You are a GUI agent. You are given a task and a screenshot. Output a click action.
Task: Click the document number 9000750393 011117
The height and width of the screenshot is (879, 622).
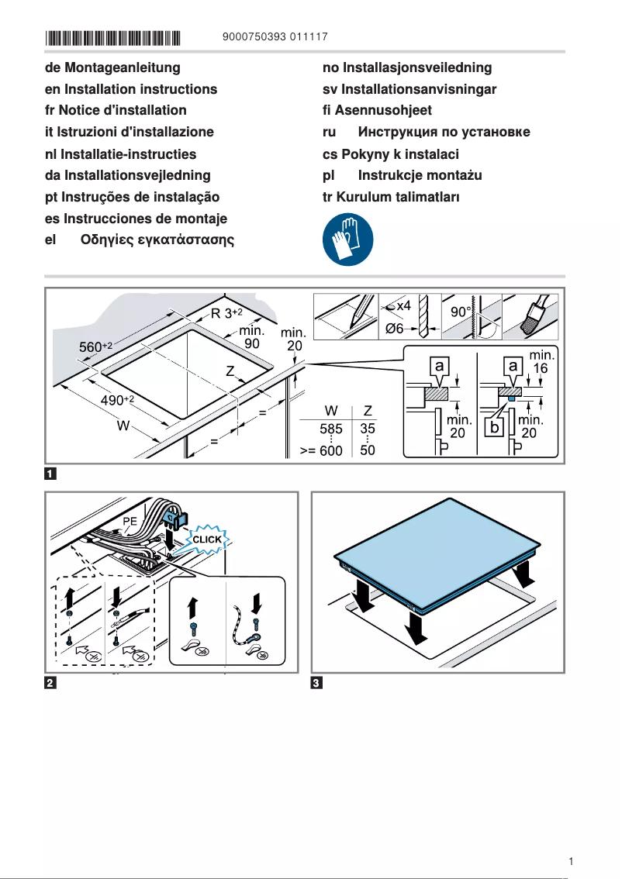(275, 37)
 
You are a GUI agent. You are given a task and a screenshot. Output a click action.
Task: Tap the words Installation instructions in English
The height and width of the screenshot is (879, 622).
(140, 90)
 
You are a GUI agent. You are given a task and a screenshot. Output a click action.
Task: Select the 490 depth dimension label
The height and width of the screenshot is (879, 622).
(117, 400)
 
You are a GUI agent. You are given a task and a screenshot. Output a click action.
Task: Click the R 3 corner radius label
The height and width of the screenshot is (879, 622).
(226, 314)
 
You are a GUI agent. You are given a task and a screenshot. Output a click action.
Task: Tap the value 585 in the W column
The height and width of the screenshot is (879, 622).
(331, 428)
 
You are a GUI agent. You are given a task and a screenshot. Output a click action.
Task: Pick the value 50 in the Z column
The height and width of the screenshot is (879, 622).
(368, 450)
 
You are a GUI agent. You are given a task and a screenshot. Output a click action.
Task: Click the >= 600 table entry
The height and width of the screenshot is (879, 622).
(321, 450)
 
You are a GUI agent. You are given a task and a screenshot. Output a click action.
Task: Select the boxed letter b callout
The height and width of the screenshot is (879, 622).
(493, 427)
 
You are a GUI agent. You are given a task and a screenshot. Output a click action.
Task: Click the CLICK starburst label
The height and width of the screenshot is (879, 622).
(207, 539)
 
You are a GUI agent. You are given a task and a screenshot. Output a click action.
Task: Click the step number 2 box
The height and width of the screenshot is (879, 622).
(50, 683)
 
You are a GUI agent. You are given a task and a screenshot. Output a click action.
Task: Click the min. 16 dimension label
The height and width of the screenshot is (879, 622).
(540, 361)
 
